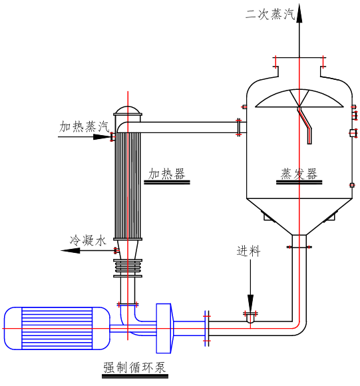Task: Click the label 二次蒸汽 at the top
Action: [270, 13]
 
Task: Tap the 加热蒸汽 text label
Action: [84, 126]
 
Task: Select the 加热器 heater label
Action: [166, 174]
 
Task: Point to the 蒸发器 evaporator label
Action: [299, 174]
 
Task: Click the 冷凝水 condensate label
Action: [88, 240]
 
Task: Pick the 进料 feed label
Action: [248, 251]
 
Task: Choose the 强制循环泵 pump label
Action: [134, 368]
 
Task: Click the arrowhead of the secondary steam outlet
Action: [299, 13]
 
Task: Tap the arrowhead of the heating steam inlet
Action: [101, 136]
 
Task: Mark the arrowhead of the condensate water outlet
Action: [71, 251]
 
